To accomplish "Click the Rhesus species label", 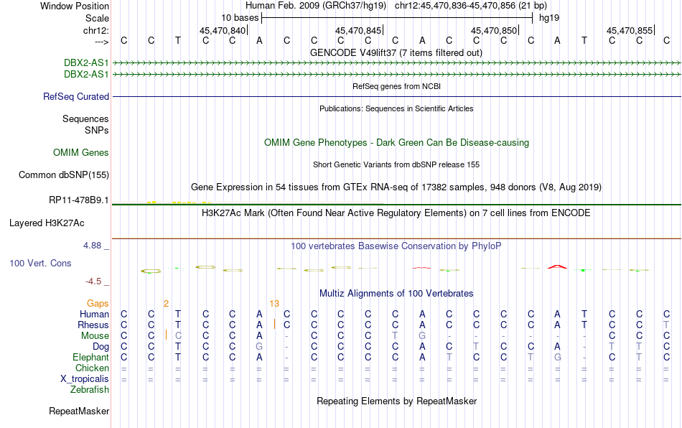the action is pyautogui.click(x=93, y=325).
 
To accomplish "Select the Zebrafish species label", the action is pyautogui.click(x=90, y=390).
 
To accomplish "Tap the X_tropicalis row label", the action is pyautogui.click(x=85, y=379).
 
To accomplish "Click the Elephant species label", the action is pyautogui.click(x=90, y=358).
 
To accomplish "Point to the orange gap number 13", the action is pyautogui.click(x=274, y=304).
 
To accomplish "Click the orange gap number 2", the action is pyautogui.click(x=166, y=304).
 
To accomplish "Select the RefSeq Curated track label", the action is pyautogui.click(x=76, y=96).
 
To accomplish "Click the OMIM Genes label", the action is pyautogui.click(x=81, y=153).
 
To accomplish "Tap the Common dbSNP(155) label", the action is pyautogui.click(x=64, y=175).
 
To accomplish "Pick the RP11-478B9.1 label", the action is pyautogui.click(x=79, y=200).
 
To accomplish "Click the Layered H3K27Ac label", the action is pyautogui.click(x=47, y=223).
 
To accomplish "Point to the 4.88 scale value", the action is pyautogui.click(x=92, y=246).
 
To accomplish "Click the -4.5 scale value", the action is pyautogui.click(x=93, y=282).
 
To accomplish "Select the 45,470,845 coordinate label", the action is pyautogui.click(x=358, y=30).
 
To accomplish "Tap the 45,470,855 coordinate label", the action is pyautogui.click(x=630, y=30).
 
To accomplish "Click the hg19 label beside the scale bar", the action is pyautogui.click(x=549, y=18).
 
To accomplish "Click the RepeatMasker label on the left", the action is pyautogui.click(x=79, y=411).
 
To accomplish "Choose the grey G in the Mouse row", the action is pyautogui.click(x=422, y=336).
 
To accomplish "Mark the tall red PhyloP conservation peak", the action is pyautogui.click(x=557, y=266).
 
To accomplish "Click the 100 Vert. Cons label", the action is pyautogui.click(x=40, y=263).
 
